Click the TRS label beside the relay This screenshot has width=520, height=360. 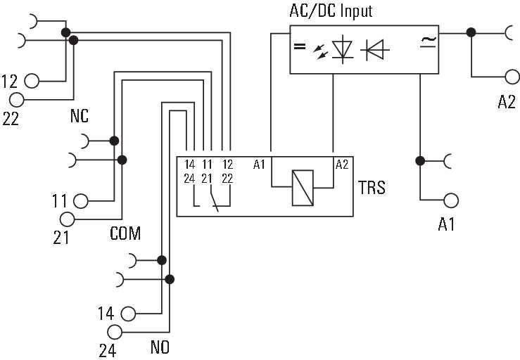(371, 188)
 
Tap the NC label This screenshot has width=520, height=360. (79, 117)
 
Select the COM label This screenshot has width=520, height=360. (125, 233)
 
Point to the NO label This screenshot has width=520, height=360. (160, 347)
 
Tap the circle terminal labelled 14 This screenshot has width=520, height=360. (128, 314)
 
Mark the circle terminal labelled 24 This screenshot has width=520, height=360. (114, 332)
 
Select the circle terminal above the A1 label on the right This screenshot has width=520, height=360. (451, 200)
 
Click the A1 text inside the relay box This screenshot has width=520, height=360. (260, 165)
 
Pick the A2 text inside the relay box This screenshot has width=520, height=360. (342, 165)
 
